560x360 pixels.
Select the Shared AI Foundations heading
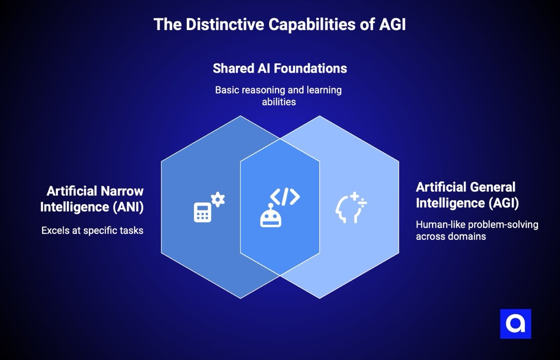(280, 69)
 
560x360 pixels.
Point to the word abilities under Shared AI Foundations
(279, 102)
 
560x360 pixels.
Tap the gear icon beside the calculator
(218, 199)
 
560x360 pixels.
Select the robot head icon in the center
(270, 217)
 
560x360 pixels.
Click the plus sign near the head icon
(354, 196)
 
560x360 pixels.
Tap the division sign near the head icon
(363, 203)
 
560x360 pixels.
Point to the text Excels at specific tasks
(92, 231)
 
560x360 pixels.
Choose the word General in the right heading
(491, 187)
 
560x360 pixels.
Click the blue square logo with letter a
(515, 324)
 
